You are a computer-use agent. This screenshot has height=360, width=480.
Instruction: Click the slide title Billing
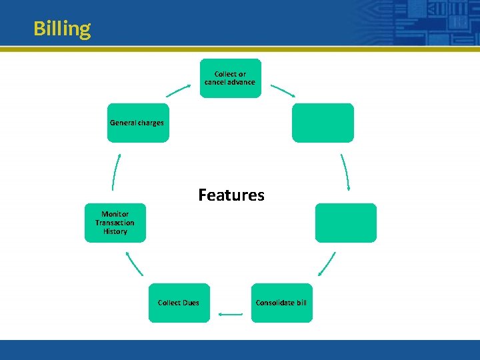point(62,29)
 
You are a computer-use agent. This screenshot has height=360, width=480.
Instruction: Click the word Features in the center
point(231,195)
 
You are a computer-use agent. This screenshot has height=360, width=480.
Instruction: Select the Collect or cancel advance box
point(230,78)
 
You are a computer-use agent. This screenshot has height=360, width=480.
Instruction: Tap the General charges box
point(138,123)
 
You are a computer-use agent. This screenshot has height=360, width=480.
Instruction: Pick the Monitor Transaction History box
point(115,223)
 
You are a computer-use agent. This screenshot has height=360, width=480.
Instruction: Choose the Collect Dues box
point(179,303)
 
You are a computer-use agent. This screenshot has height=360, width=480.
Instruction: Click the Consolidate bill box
point(281,303)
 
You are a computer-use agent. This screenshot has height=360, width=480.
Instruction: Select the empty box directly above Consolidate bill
point(345,223)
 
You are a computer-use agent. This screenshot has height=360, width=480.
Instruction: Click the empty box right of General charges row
point(323,123)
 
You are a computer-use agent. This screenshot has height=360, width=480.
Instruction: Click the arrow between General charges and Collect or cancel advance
point(178,89)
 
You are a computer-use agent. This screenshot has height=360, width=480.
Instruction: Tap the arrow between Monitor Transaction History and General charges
point(116,172)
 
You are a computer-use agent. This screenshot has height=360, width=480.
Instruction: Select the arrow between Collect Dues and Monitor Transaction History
point(134,263)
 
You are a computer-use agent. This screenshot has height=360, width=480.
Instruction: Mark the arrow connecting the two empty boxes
point(345,172)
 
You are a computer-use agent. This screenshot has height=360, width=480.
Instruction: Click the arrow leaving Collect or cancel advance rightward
point(283,90)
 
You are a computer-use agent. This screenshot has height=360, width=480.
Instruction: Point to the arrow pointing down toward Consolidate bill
point(327,263)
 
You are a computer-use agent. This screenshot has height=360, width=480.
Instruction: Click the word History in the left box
point(115,231)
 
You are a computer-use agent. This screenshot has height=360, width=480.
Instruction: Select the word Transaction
point(115,223)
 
